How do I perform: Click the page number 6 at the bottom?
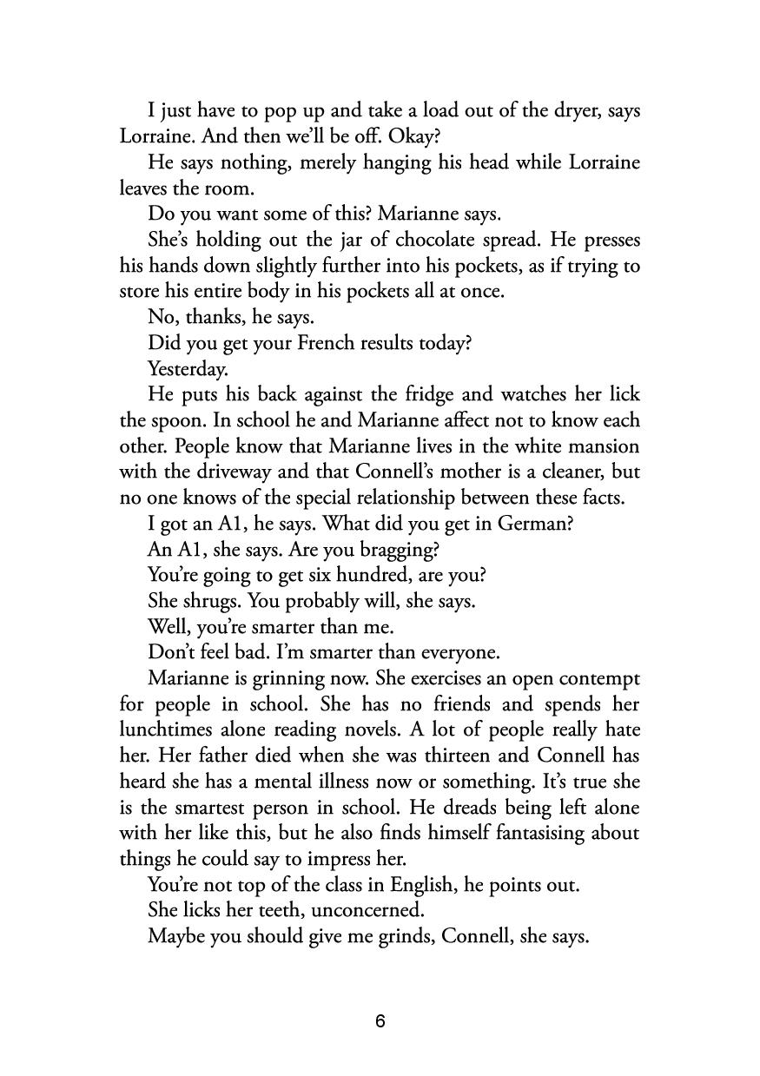pyautogui.click(x=380, y=1021)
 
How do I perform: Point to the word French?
pyautogui.click(x=327, y=343)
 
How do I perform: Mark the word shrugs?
pyautogui.click(x=209, y=601)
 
